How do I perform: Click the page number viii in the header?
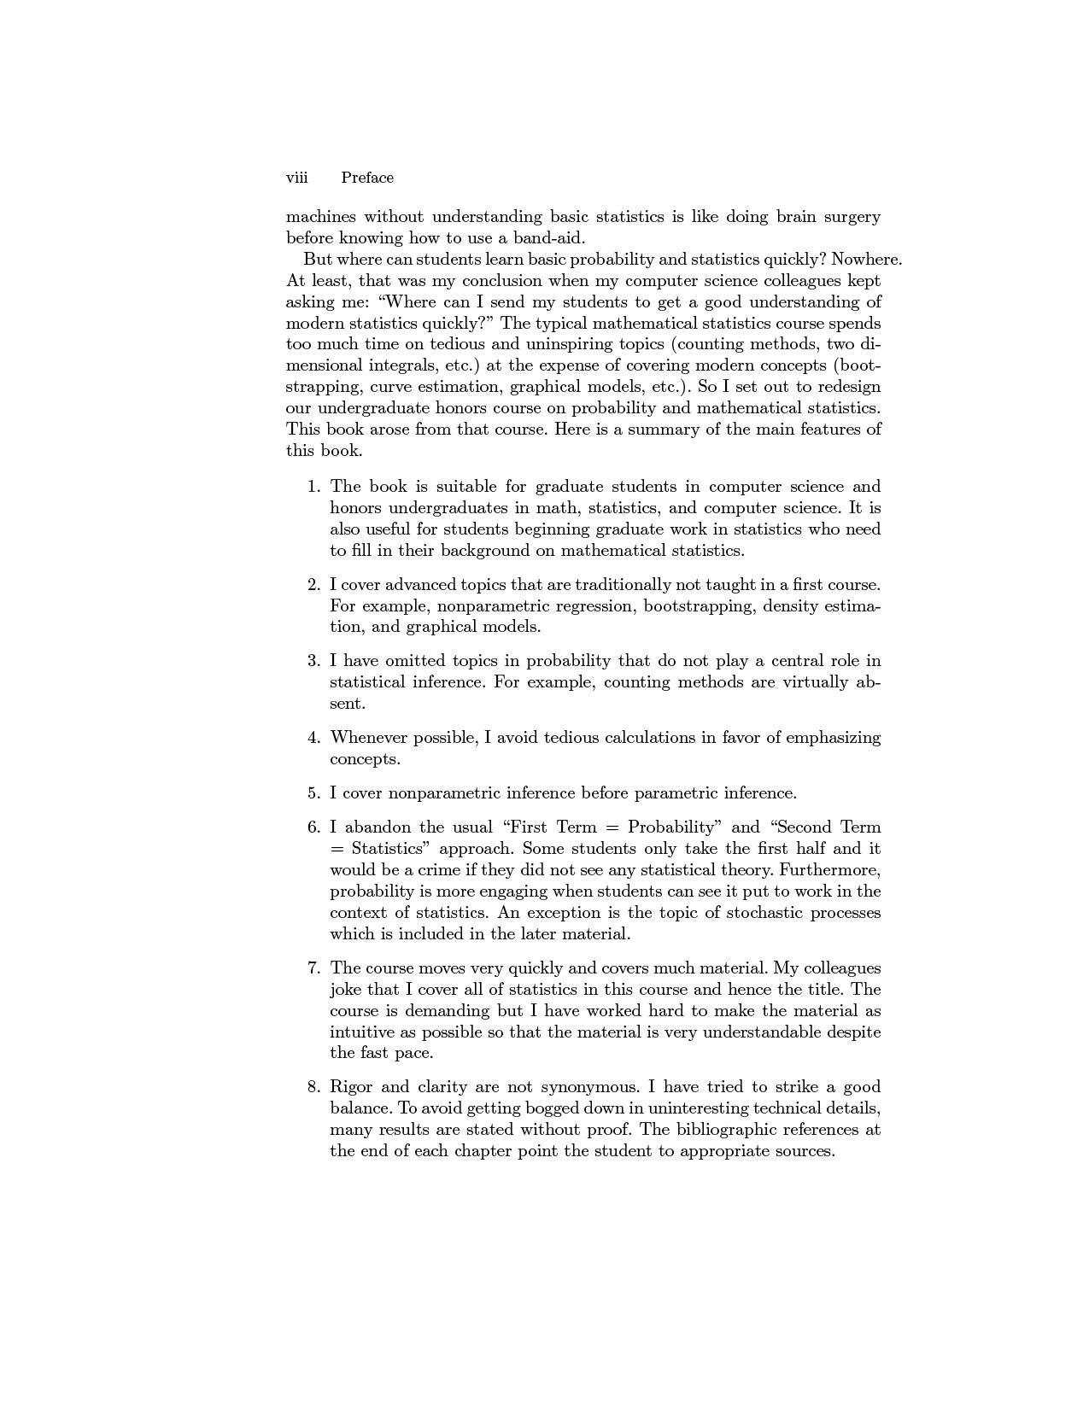point(296,178)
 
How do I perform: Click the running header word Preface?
point(367,178)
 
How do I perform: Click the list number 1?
point(313,487)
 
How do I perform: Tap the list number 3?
point(313,661)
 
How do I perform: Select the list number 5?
point(313,793)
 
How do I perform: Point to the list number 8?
point(313,1087)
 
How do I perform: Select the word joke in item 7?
point(346,990)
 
